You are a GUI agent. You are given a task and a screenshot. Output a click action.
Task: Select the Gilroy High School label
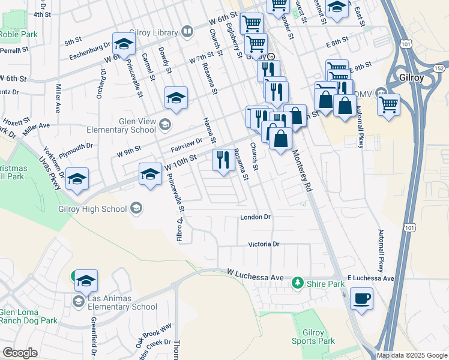(x=92, y=209)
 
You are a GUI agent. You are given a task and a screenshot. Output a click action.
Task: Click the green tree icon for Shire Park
(x=296, y=283)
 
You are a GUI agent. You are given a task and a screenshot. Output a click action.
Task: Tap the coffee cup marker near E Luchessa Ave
(x=362, y=298)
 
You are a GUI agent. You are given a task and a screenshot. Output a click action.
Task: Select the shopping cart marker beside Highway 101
(x=389, y=105)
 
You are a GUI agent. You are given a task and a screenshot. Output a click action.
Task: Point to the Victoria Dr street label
(x=264, y=244)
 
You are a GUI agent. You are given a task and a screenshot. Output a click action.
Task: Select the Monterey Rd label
(x=303, y=171)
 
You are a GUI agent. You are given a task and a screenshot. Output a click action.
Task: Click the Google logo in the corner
(x=20, y=353)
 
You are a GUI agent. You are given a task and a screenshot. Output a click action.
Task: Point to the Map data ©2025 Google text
(x=412, y=355)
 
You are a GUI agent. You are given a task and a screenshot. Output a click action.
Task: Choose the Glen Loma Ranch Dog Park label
(x=29, y=316)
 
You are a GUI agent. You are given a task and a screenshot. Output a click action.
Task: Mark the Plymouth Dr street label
(x=76, y=146)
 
